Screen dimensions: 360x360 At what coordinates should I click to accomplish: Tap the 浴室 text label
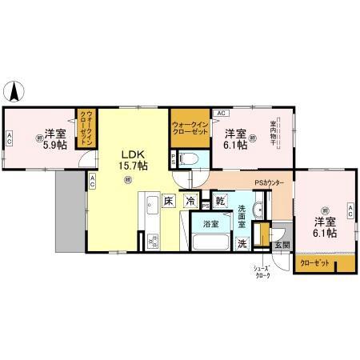click(x=210, y=223)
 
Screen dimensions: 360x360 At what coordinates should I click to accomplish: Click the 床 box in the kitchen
click(x=170, y=202)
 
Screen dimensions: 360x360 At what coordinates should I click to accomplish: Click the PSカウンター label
click(x=270, y=183)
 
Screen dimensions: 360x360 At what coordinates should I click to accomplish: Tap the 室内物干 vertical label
click(x=274, y=134)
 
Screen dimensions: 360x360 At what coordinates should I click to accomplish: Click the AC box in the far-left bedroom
click(x=9, y=139)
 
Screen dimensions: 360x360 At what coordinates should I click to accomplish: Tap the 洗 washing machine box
click(x=242, y=243)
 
